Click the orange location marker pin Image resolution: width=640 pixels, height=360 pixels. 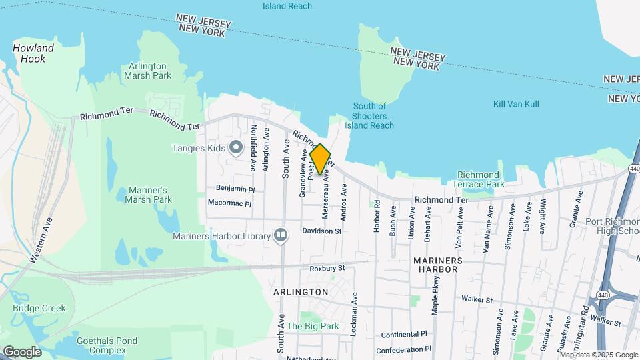click(321, 159)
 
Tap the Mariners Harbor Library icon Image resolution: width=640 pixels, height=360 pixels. click(281, 235)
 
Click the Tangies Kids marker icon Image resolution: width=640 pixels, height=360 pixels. click(235, 147)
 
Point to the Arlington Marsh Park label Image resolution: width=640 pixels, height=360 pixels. click(147, 71)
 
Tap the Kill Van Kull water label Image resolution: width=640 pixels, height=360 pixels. click(516, 104)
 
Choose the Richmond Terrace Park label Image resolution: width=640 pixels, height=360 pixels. click(478, 179)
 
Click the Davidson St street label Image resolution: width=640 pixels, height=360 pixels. click(321, 231)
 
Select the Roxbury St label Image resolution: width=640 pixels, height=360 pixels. click(327, 268)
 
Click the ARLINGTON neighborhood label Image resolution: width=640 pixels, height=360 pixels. click(301, 292)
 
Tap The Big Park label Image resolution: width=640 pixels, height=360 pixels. click(313, 327)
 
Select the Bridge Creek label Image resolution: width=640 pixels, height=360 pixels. click(39, 308)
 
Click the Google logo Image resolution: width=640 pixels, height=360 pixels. click(22, 352)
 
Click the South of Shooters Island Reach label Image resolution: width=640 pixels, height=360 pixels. click(369, 115)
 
